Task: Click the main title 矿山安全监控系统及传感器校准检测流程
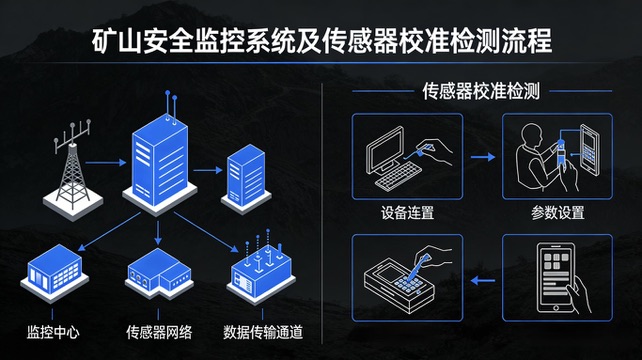[x=322, y=41]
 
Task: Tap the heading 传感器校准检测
[x=481, y=91]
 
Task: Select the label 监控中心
[x=53, y=332]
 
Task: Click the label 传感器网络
[x=159, y=332]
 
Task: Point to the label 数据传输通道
[x=263, y=332]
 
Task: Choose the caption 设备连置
[x=407, y=213]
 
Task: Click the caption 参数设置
[x=558, y=213]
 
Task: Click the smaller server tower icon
[x=246, y=179]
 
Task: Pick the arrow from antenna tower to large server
[x=106, y=163]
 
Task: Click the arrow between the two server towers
[x=208, y=170]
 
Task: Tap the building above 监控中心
[x=54, y=272]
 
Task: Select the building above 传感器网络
[x=159, y=273]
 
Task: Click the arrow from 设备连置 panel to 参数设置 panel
[x=483, y=157]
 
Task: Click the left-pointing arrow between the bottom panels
[x=483, y=281]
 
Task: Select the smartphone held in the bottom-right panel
[x=556, y=277]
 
